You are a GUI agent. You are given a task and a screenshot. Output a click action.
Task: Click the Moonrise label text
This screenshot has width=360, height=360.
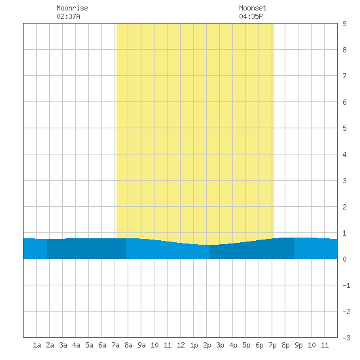pyautogui.click(x=72, y=8)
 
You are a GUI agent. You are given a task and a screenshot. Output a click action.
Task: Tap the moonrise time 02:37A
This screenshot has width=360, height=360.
pyautogui.click(x=68, y=16)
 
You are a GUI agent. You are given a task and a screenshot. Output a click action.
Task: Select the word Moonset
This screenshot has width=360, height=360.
pyautogui.click(x=253, y=8)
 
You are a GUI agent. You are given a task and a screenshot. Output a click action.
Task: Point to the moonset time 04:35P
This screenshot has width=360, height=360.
pyautogui.click(x=251, y=16)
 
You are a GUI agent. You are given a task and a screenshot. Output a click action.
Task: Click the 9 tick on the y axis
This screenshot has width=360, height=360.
pyautogui.click(x=344, y=24)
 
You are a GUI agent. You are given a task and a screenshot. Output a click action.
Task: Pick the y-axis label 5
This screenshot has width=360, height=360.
pyautogui.click(x=344, y=128)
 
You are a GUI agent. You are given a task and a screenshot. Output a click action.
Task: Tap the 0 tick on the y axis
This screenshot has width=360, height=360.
pyautogui.click(x=344, y=259)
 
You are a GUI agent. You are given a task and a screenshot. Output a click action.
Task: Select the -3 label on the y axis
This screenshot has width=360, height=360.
pyautogui.click(x=346, y=338)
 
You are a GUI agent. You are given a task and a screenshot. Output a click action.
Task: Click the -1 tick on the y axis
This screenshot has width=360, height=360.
pyautogui.click(x=346, y=285)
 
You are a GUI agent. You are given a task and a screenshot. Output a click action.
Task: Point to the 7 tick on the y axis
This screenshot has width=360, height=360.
pyautogui.click(x=344, y=76)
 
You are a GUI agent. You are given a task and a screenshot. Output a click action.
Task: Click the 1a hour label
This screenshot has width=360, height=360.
pyautogui.click(x=37, y=345)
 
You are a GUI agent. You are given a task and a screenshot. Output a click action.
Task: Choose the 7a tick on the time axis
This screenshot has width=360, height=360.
pyautogui.click(x=115, y=345)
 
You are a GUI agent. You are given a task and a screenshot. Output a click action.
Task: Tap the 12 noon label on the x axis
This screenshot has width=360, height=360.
pyautogui.click(x=181, y=345)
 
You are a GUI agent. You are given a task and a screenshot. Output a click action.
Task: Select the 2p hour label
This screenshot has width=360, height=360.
pyautogui.click(x=207, y=345)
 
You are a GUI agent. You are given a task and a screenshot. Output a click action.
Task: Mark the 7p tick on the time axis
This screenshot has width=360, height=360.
pyautogui.click(x=272, y=345)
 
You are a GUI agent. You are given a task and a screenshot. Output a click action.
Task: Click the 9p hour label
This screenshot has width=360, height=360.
pyautogui.click(x=298, y=345)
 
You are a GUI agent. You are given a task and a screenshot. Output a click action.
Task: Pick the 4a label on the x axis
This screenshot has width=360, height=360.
pyautogui.click(x=76, y=345)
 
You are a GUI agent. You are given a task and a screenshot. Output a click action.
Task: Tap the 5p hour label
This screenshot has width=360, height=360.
pyautogui.click(x=246, y=345)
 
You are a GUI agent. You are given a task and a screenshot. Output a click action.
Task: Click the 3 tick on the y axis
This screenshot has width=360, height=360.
pyautogui.click(x=344, y=181)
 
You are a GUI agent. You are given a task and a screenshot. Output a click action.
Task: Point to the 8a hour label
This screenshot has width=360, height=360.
pyautogui.click(x=128, y=345)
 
